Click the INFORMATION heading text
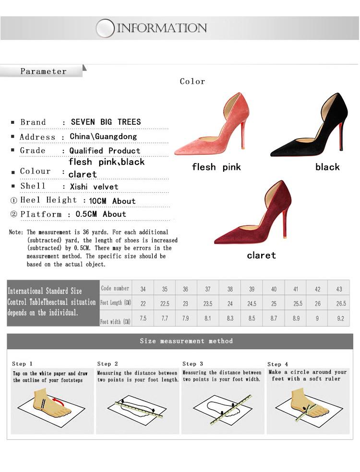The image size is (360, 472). click(162, 28)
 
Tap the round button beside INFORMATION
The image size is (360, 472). click(105, 28)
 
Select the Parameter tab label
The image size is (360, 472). click(43, 71)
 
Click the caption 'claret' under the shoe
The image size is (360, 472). click(261, 255)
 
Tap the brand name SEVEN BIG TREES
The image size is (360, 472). click(106, 122)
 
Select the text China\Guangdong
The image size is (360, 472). click(103, 136)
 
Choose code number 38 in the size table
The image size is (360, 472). click(230, 289)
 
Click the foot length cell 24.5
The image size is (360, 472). click(252, 304)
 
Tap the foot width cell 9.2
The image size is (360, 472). click(340, 318)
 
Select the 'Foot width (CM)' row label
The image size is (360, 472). click(115, 321)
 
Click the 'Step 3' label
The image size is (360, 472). click(192, 364)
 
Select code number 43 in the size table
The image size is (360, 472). click(339, 289)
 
